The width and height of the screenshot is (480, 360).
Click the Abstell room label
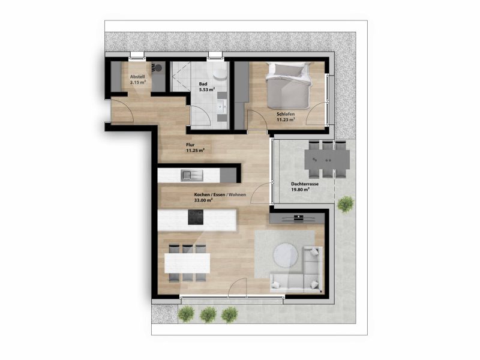(137, 80)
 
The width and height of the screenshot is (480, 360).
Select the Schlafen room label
(286, 117)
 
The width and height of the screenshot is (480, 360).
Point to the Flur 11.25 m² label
(196, 148)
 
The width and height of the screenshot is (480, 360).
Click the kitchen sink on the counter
(191, 175)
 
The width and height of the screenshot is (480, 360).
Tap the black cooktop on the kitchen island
(196, 217)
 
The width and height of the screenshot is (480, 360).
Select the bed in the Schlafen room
(288, 85)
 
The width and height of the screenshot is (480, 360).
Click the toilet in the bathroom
(220, 73)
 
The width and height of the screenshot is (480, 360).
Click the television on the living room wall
(298, 218)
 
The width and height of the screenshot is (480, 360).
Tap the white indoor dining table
(187, 263)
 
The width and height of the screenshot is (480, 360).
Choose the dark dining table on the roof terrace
(327, 159)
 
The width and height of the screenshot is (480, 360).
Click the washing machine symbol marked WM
(156, 68)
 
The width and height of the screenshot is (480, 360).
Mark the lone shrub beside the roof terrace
(346, 204)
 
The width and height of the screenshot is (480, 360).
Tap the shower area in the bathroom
(181, 77)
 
